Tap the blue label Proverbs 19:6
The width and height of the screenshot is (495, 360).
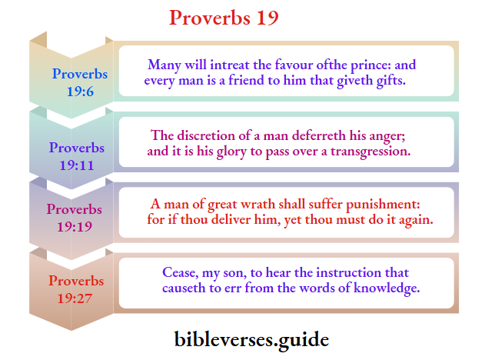(x=80, y=82)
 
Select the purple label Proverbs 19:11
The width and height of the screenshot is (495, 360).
(x=77, y=155)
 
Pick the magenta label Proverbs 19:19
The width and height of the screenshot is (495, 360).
(x=75, y=218)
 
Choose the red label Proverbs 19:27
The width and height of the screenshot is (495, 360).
(x=76, y=289)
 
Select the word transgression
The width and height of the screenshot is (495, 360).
(x=370, y=151)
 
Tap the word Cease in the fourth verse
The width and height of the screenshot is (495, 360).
(x=178, y=273)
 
